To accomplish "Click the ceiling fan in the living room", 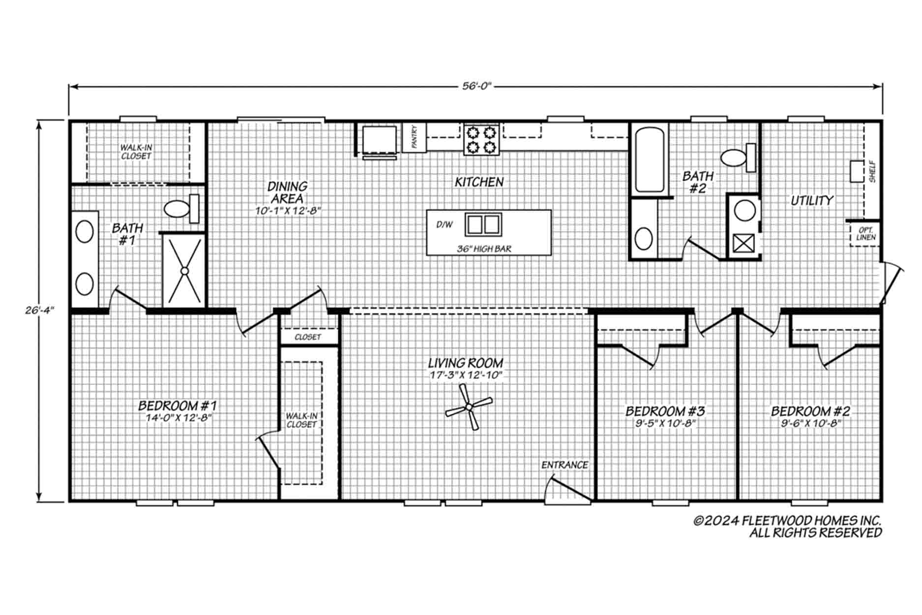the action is pos(469,407).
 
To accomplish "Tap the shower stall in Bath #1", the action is pos(184,270).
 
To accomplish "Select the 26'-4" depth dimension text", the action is pos(39,310).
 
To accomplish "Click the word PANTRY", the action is pos(414,137).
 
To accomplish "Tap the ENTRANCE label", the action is pos(565,465).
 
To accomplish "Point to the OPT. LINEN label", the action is pos(866,234).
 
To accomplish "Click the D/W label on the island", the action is pos(445,225).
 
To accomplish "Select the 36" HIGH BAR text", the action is pos(484,249).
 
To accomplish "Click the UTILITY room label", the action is pos(812,200).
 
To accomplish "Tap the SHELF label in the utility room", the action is pos(872,172).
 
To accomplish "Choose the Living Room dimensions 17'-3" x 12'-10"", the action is pos(465,375).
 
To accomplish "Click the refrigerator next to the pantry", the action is pos(379,142).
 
